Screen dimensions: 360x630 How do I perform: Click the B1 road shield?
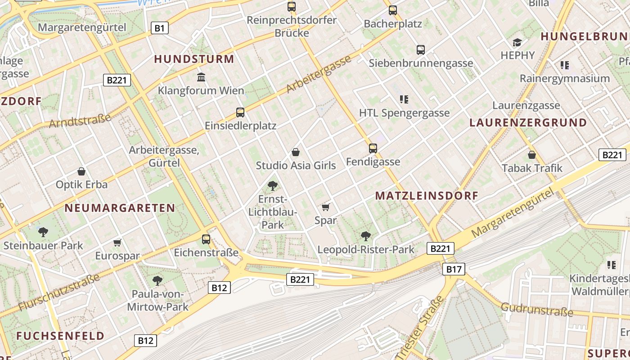(159, 28)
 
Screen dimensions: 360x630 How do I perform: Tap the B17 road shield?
(454, 269)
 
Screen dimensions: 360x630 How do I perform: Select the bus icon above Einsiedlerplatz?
(240, 112)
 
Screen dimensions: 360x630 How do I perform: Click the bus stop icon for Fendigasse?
(373, 148)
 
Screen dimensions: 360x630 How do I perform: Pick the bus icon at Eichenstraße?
(206, 239)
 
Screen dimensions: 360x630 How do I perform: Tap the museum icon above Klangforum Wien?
(201, 77)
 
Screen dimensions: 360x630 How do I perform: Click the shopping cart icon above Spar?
(326, 207)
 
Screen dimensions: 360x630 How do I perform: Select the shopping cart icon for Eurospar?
(117, 243)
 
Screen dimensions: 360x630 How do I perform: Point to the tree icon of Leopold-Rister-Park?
(366, 236)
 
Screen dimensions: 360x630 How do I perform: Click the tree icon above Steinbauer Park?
(43, 232)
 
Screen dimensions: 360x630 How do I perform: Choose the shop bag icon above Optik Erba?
(81, 171)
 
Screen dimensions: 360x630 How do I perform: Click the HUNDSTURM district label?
(194, 59)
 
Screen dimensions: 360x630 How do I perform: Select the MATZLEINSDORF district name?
(427, 196)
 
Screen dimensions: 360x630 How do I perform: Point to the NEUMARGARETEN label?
(120, 208)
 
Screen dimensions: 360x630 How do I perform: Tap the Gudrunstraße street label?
(537, 309)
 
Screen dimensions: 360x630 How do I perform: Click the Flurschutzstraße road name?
(59, 292)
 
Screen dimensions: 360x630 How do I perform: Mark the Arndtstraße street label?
(80, 121)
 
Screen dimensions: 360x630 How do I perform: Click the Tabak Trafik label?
(532, 168)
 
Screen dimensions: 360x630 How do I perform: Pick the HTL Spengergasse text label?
(404, 113)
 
